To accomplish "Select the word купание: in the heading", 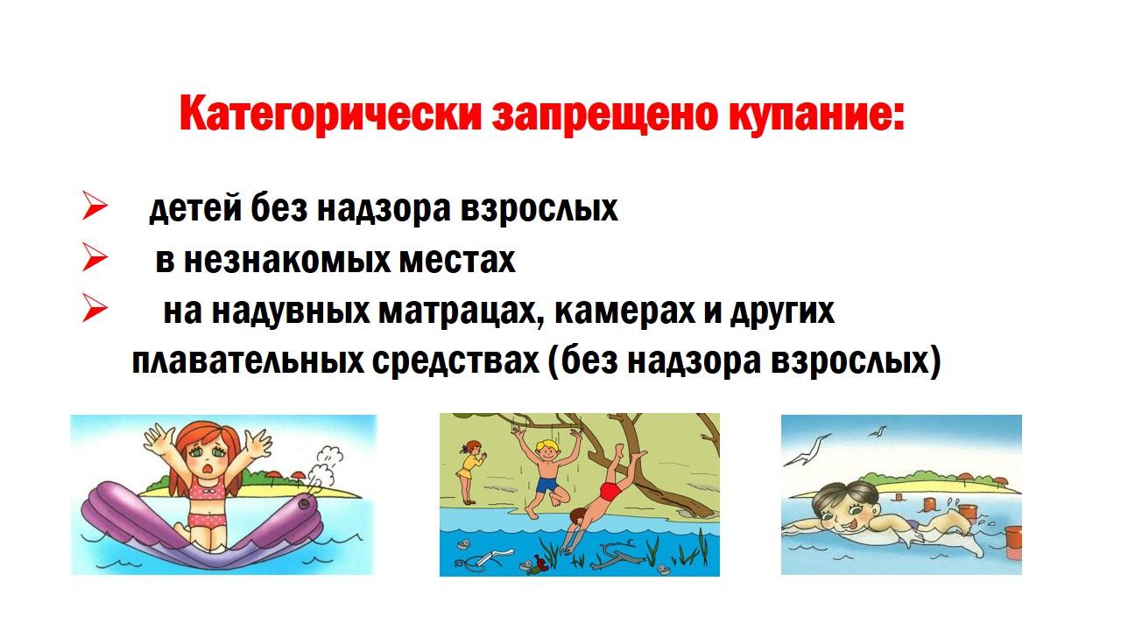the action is (815, 115).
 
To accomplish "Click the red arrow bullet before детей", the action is (95, 205).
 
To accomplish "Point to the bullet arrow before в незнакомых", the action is (95, 256).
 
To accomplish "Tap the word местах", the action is (457, 261).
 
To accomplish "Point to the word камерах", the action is (624, 311).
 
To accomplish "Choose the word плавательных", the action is (248, 361).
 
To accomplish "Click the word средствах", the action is (456, 361).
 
